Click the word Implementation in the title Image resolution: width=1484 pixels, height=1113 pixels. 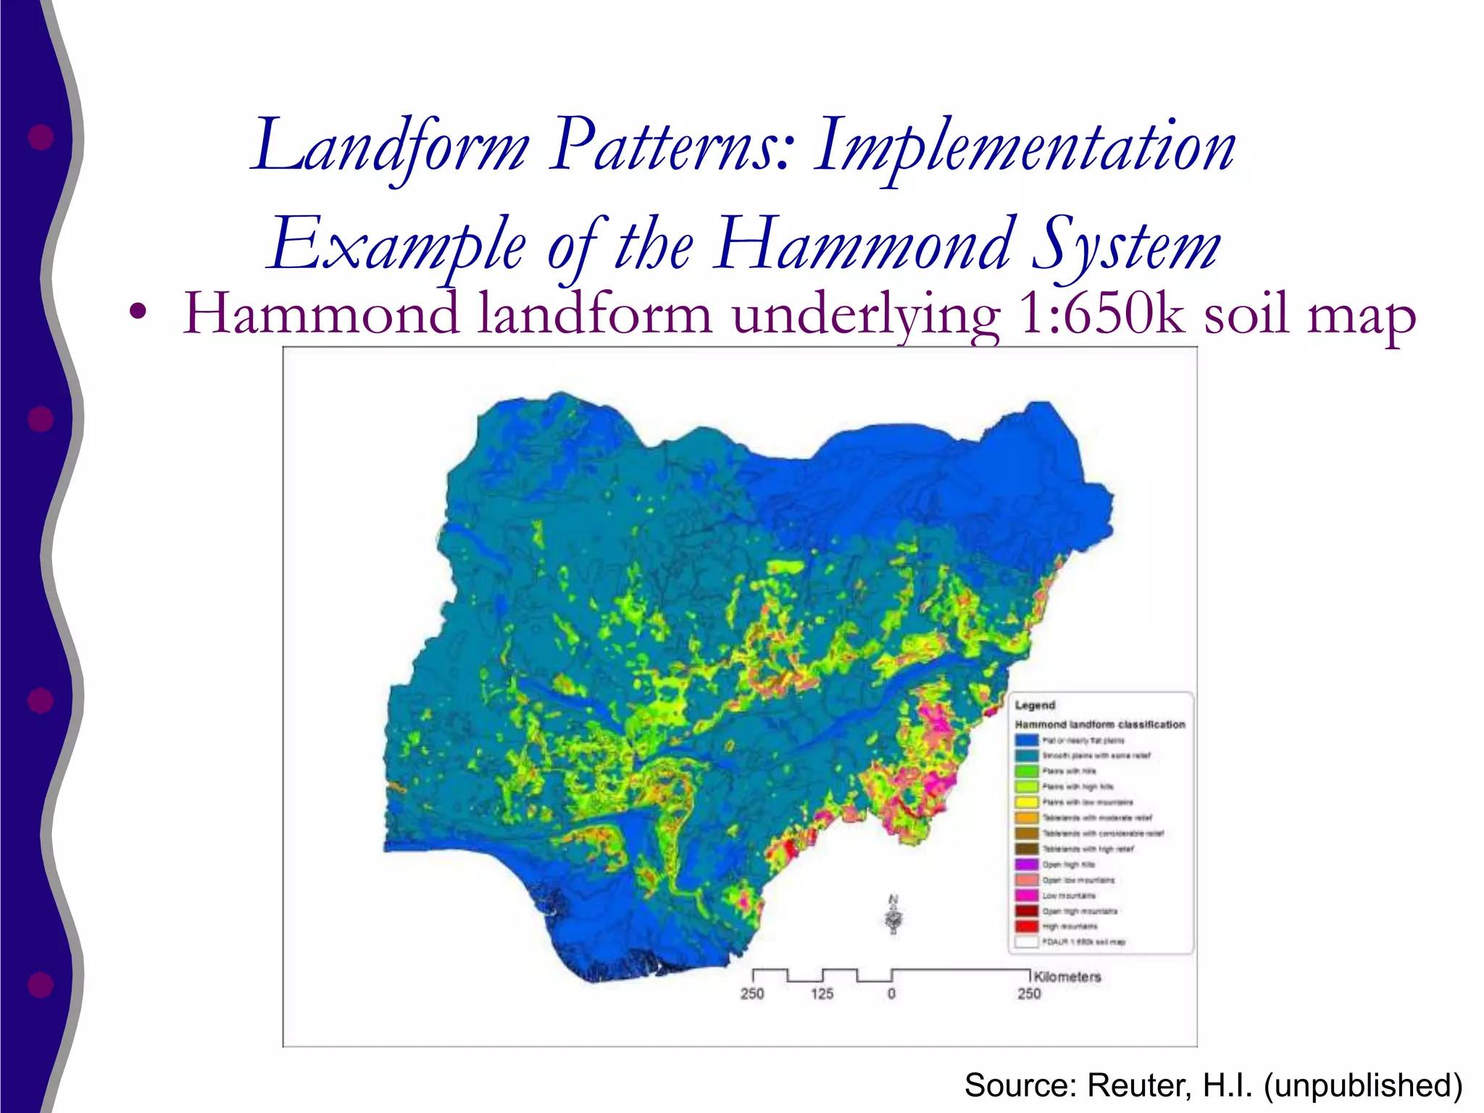(x=1024, y=147)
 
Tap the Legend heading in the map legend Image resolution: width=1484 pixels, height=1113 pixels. (x=1035, y=705)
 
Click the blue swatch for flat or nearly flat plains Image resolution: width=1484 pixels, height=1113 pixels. (x=1026, y=741)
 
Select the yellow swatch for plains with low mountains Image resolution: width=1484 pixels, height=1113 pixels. (x=1026, y=802)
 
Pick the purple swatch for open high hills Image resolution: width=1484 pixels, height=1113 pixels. (x=1026, y=864)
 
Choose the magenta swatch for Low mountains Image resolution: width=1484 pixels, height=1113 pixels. (x=1026, y=896)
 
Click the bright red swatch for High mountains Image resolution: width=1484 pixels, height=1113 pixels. (x=1026, y=927)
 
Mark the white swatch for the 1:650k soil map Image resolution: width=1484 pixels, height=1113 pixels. (x=1026, y=942)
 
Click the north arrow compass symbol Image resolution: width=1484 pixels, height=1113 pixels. (x=894, y=917)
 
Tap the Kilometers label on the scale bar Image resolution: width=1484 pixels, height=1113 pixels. (x=1067, y=977)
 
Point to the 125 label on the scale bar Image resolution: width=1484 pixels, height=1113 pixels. (x=822, y=993)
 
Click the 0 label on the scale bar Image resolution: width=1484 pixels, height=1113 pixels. (x=891, y=993)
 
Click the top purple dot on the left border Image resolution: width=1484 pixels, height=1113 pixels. (x=41, y=137)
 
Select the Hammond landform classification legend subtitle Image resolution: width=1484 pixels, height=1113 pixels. (x=1099, y=725)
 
